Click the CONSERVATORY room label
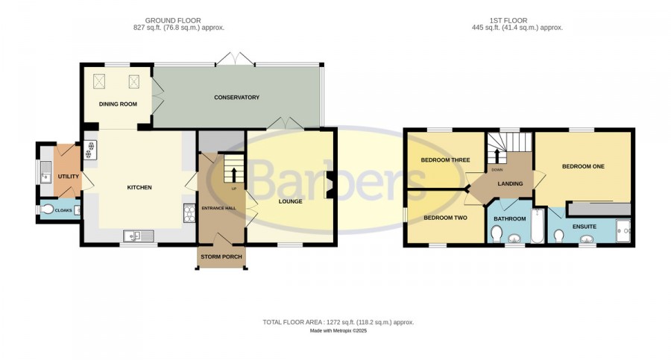236,97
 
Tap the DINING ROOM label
118,104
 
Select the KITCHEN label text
139,188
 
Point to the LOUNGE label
291,201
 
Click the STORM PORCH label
221,257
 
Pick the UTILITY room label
69,177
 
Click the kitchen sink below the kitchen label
139,236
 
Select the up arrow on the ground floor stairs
233,174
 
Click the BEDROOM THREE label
446,160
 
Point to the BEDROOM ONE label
583,166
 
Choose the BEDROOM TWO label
446,218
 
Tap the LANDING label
510,183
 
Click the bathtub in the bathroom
538,226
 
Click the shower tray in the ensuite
623,231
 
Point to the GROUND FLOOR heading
173,21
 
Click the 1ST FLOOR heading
508,21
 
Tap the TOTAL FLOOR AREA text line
338,322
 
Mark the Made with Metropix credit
338,331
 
